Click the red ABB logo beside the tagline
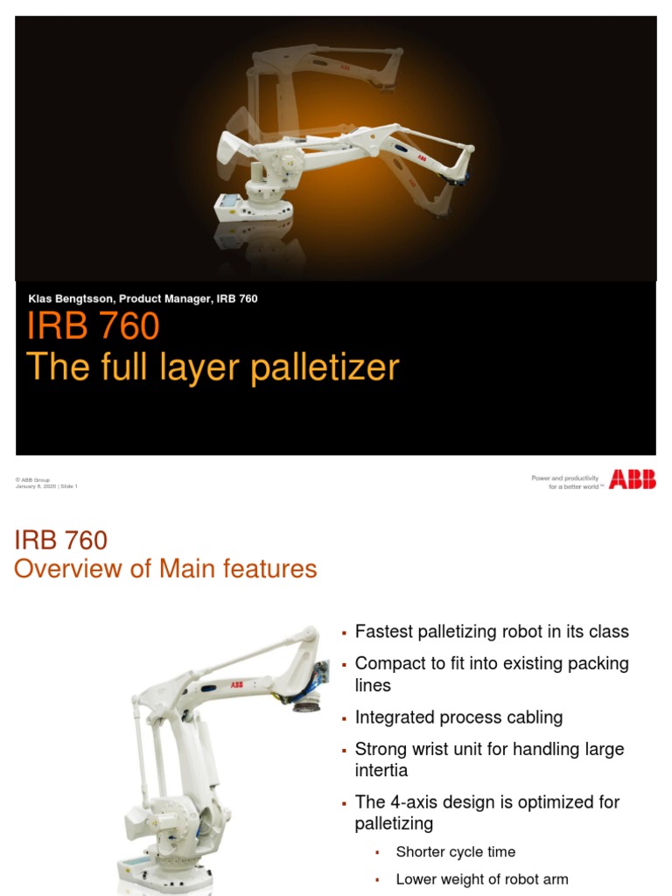click(x=632, y=479)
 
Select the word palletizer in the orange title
click(x=325, y=367)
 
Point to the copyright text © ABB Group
click(x=32, y=480)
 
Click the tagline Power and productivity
click(x=565, y=478)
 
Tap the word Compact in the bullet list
click(x=390, y=663)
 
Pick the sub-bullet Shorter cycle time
click(x=455, y=851)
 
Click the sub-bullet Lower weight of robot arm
click(x=481, y=879)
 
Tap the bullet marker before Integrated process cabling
click(x=345, y=718)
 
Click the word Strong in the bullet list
click(x=380, y=749)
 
